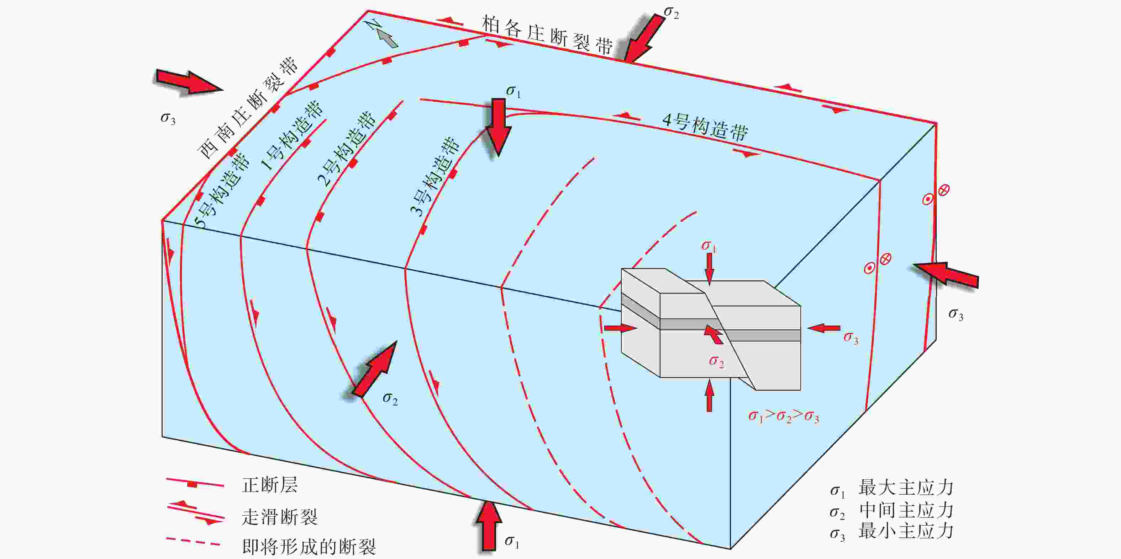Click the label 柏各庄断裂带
point(547,35)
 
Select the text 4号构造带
point(705,127)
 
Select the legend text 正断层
point(270,485)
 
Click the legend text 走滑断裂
point(279,517)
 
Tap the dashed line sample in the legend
point(193,542)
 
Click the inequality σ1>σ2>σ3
point(783,416)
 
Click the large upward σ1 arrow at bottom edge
point(488,526)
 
